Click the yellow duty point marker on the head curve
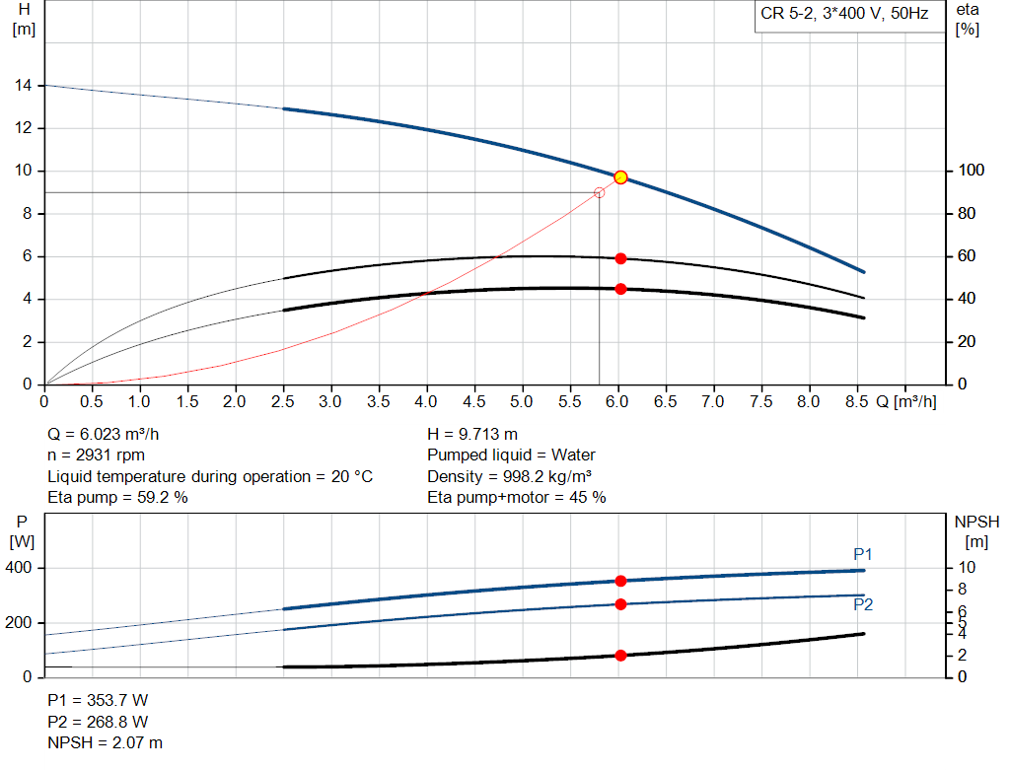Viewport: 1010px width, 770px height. (x=620, y=177)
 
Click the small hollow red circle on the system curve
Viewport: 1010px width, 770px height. (x=599, y=192)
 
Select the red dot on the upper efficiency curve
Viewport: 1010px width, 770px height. (x=620, y=258)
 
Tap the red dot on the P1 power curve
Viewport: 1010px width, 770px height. (x=620, y=581)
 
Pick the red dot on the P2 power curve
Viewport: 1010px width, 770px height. (x=620, y=603)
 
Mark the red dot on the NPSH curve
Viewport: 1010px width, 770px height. (x=620, y=655)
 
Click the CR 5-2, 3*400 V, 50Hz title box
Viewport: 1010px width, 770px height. (x=844, y=17)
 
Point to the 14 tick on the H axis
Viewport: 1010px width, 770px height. (x=23, y=86)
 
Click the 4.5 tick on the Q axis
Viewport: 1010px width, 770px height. (x=474, y=402)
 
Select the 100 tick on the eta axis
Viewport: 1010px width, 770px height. (x=968, y=172)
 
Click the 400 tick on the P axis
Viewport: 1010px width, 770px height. (x=21, y=568)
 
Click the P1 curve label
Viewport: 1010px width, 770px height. (x=863, y=554)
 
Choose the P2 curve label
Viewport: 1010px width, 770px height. (x=863, y=604)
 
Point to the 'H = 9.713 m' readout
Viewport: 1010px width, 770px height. (x=472, y=434)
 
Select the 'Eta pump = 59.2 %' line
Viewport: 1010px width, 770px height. (x=118, y=498)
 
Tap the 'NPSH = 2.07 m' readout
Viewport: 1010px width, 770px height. (x=106, y=742)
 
